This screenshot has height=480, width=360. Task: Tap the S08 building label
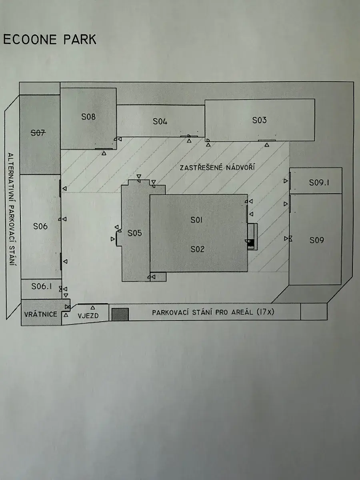tap(88, 117)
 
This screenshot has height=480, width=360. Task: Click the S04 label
tap(160, 122)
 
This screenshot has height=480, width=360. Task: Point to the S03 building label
tap(259, 120)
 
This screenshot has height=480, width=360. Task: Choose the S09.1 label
tap(319, 182)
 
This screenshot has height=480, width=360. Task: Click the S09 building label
tap(317, 240)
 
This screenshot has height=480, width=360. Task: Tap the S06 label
tap(40, 226)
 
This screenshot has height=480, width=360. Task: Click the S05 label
tap(135, 233)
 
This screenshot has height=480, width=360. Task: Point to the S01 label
tap(197, 220)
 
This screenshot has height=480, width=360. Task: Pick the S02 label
tap(197, 249)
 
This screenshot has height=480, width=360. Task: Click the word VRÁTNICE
tap(40, 314)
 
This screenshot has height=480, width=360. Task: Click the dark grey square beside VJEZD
tap(120, 314)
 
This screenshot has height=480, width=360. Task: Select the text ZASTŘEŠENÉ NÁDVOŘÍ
tap(218, 167)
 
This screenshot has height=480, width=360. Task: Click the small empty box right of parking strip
tap(314, 312)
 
